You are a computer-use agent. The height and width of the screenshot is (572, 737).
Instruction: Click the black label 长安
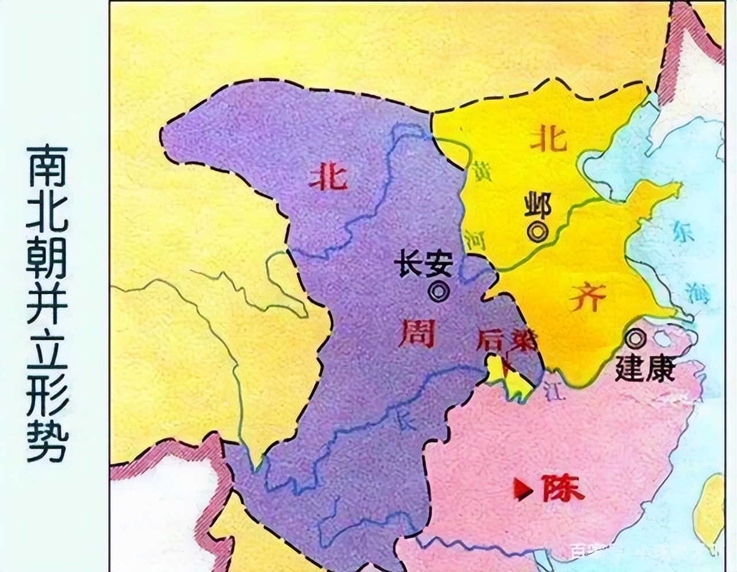pos(423,267)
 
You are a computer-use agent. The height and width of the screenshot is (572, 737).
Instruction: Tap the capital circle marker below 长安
pos(439,292)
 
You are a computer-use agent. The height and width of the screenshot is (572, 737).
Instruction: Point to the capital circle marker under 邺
pos(539,231)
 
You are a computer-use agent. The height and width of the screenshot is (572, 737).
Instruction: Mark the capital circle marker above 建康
pos(636,339)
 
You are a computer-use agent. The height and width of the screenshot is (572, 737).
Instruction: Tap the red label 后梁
pos(506,342)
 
